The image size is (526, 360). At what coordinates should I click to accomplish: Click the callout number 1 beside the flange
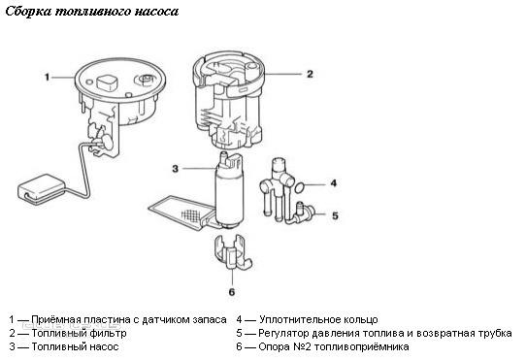(x=47, y=78)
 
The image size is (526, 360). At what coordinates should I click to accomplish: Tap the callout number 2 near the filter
(x=310, y=74)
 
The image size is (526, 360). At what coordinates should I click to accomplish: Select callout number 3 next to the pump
(x=175, y=169)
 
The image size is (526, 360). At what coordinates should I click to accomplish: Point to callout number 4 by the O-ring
(x=334, y=183)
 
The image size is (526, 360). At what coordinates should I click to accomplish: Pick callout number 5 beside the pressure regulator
(x=335, y=215)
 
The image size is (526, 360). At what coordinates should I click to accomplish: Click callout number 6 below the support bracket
(x=232, y=292)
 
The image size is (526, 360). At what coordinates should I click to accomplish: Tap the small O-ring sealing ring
(x=300, y=188)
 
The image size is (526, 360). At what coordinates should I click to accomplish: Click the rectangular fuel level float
(x=42, y=188)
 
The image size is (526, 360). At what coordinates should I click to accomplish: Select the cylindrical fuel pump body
(x=230, y=195)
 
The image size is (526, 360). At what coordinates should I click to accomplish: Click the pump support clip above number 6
(x=233, y=252)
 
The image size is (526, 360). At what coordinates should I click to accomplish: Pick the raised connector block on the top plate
(x=107, y=82)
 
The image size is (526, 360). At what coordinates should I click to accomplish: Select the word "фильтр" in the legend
(x=108, y=334)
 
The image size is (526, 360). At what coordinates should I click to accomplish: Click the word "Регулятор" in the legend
(x=283, y=334)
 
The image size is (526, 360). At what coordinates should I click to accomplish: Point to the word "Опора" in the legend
(x=274, y=346)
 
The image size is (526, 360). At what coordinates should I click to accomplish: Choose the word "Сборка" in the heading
(x=29, y=12)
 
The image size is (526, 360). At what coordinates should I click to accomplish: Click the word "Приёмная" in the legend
(x=56, y=320)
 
